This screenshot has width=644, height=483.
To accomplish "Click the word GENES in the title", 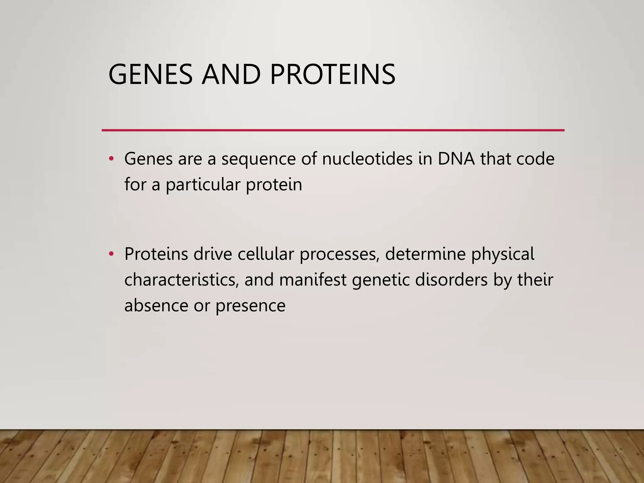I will point(150,75).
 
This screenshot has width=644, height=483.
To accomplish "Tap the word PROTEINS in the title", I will point(332,75).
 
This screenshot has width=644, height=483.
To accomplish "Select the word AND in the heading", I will point(231,75).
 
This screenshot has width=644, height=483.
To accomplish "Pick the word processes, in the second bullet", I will point(339,255).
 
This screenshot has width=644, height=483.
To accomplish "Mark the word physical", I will point(502,255).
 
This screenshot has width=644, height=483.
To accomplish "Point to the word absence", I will point(156,305).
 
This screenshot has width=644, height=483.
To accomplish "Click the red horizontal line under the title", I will point(333,130).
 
